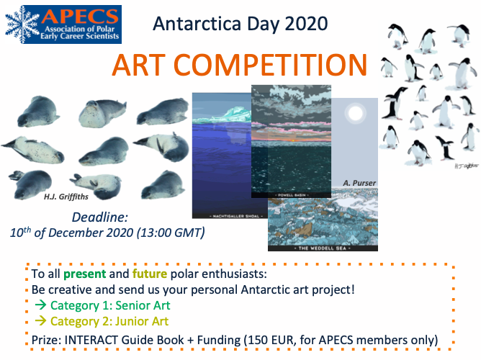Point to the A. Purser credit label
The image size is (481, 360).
pos(359,184)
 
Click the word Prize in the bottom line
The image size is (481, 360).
pos(48,338)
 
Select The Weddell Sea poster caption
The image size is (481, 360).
pos(323,247)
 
